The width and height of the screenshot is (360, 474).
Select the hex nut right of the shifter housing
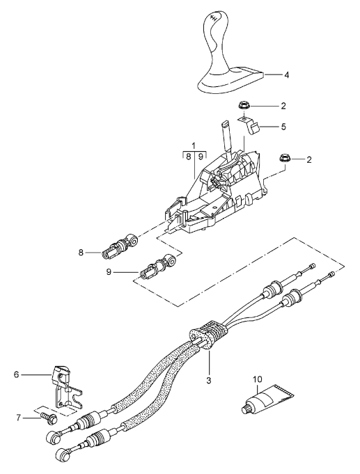(283, 159)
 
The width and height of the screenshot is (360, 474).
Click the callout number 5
(283, 127)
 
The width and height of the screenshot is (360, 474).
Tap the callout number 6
(16, 374)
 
